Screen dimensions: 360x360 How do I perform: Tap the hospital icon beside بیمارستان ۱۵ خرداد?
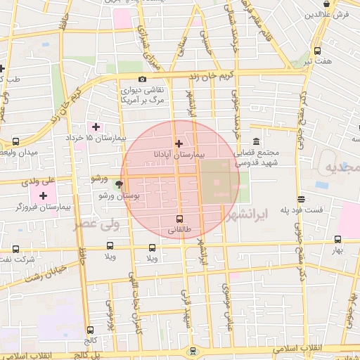coord(96,127)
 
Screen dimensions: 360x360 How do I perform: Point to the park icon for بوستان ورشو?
coord(119,185)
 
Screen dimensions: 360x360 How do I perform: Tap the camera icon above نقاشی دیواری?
coord(143,79)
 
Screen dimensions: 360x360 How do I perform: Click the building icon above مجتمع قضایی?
coord(254,141)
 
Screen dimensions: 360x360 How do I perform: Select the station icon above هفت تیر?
coord(317,51)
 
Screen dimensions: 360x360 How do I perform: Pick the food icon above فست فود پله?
coord(301,199)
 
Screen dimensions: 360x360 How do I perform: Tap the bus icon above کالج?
coord(90,329)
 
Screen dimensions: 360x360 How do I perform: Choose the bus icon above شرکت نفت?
coord(16,248)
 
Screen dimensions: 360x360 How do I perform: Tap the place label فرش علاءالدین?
coord(331,14)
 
